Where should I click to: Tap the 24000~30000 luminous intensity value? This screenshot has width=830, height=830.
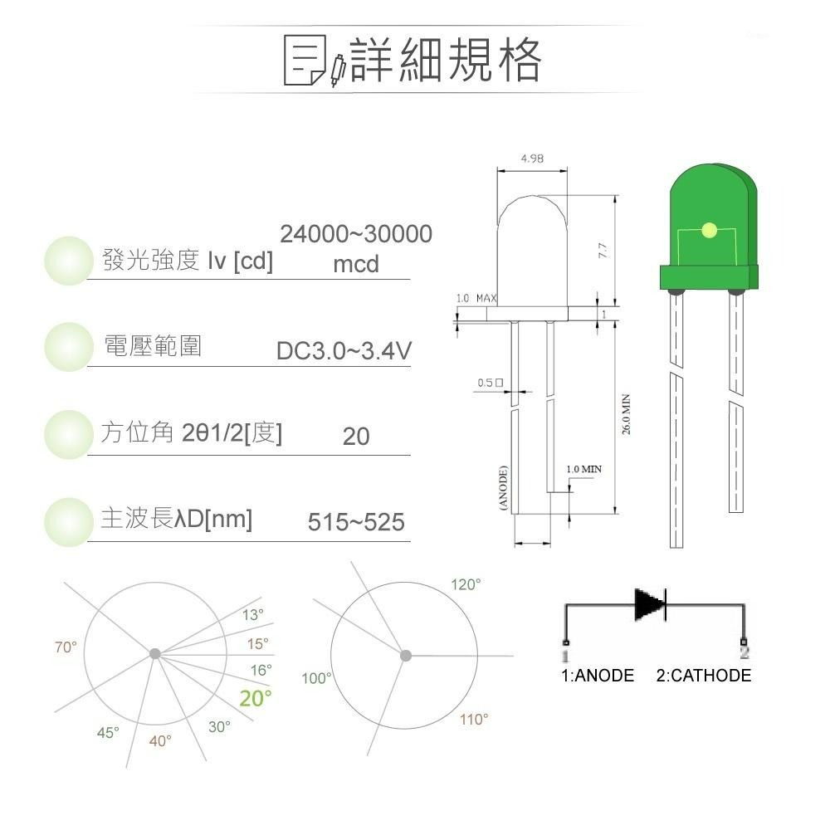point(356,235)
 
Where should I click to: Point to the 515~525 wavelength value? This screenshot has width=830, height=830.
point(356,522)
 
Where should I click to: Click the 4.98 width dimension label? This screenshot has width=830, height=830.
point(531,159)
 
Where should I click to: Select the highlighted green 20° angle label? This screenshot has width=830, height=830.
point(256,699)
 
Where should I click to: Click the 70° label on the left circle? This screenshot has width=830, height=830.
point(66,647)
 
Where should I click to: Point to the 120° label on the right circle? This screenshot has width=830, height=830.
point(466,585)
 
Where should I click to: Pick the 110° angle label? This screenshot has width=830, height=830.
point(474,720)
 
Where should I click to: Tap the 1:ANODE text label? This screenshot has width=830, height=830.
point(598,676)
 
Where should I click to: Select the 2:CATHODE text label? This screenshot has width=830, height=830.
point(703,676)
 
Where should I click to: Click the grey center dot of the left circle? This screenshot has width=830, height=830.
point(154,654)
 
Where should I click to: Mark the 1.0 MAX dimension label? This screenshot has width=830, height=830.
point(476,297)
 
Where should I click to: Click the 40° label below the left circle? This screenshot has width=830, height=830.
point(160,740)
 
